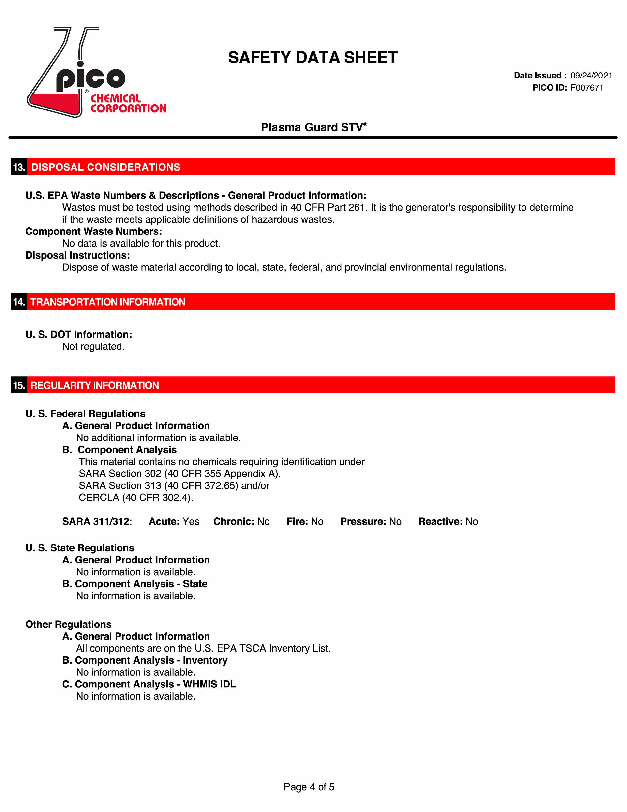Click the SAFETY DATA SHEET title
coord(313,58)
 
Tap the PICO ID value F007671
coord(587,88)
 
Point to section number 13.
coord(19,167)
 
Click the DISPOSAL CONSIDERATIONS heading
coord(106,167)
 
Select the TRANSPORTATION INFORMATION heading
coord(108,302)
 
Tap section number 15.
coord(19,385)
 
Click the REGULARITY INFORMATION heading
coord(95,385)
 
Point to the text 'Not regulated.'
coord(93,346)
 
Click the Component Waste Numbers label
coord(94,231)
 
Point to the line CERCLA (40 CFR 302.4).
coord(136,498)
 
